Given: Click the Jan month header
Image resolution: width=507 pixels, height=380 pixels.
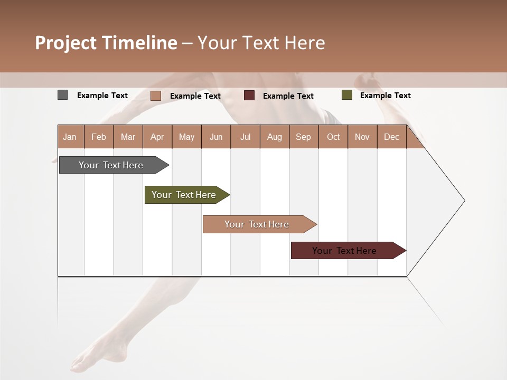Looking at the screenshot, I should tap(70, 137).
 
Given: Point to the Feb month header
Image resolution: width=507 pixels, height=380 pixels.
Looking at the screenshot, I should tap(99, 137).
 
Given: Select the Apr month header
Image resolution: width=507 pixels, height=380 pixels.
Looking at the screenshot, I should tap(157, 137).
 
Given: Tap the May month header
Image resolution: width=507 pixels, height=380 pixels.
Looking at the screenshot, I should tap(186, 137).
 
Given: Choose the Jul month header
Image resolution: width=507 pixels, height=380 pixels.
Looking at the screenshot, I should tap(246, 137).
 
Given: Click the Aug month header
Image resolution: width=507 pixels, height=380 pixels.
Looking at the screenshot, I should tap(275, 137).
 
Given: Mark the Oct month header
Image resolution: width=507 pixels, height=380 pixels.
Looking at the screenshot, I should tap(333, 137).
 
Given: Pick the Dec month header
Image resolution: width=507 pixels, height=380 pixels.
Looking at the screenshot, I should tap(392, 137).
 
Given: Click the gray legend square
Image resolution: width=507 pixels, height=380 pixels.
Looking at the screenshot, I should tap(63, 95).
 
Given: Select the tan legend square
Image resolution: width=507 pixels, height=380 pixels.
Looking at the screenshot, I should tap(156, 96).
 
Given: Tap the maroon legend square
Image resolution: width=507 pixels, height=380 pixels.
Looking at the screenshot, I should tap(249, 96).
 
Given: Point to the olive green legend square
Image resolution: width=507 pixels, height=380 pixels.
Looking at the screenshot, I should tap(346, 95).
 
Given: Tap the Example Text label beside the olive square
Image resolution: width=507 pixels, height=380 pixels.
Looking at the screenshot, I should tap(386, 96).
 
